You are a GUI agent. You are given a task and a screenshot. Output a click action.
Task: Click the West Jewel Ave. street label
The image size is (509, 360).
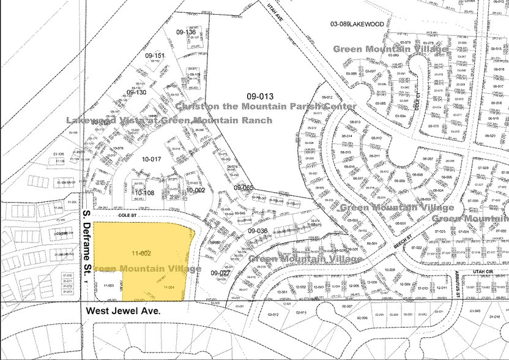click(x=123, y=311)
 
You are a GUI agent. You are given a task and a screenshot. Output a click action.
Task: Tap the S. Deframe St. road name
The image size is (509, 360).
click(x=87, y=246)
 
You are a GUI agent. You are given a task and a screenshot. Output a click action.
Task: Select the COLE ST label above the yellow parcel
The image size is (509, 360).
click(x=127, y=216)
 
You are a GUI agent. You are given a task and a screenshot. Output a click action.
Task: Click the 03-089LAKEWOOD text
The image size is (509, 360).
click(x=357, y=24)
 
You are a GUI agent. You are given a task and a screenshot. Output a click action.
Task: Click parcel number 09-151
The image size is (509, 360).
click(x=155, y=56)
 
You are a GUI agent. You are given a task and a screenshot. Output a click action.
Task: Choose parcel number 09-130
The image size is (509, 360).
click(x=136, y=92)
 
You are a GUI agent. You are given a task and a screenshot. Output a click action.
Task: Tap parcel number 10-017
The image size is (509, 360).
click(x=150, y=159)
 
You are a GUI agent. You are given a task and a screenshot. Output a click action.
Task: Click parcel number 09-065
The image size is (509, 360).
click(x=243, y=187)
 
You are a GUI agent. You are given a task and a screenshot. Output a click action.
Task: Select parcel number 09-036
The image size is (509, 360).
click(x=258, y=230)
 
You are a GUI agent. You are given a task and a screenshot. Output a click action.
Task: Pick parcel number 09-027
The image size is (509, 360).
click(x=220, y=273)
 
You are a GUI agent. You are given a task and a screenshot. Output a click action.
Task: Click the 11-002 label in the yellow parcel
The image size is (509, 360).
click(x=141, y=252)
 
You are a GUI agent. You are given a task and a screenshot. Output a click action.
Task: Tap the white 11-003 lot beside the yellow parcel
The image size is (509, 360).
click(x=110, y=285)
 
